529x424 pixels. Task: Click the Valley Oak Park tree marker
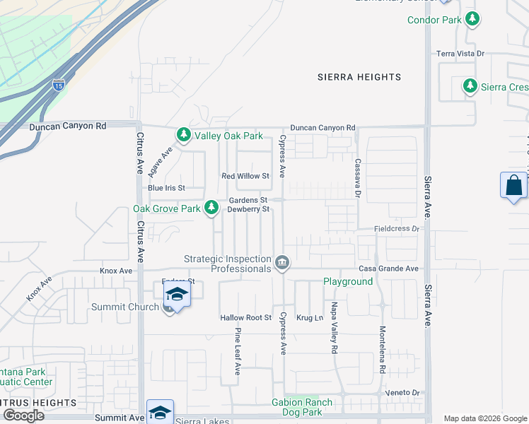(184, 134)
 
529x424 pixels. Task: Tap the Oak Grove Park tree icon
(211, 207)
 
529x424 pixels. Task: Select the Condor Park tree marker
(471, 19)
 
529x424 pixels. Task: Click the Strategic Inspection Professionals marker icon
(282, 264)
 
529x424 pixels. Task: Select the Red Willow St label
(245, 176)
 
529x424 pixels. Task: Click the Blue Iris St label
(165, 188)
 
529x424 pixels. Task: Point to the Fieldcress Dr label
(397, 230)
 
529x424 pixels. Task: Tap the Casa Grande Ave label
(388, 269)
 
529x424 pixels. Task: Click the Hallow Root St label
(245, 318)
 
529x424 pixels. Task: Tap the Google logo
(23, 415)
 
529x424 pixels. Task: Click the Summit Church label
(125, 307)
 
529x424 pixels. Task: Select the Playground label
(348, 281)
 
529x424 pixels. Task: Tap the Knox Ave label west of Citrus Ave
(116, 271)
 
